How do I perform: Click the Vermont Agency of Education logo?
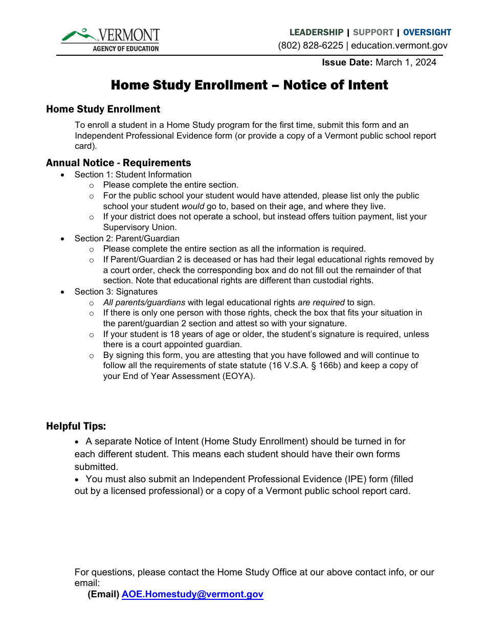(110, 40)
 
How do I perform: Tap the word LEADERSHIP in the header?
(316, 32)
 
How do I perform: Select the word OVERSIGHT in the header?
(427, 32)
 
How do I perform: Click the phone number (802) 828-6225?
(311, 46)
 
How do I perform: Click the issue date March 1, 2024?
(406, 62)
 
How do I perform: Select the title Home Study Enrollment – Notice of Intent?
(250, 85)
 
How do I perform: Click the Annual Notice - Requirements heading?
(118, 163)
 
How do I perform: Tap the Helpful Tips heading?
(76, 426)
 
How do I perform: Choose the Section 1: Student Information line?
(133, 174)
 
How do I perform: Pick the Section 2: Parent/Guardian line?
(127, 238)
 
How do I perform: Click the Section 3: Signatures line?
(116, 291)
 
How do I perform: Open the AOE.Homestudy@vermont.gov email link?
(192, 594)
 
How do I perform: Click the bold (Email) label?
(103, 594)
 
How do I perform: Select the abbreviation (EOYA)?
(236, 376)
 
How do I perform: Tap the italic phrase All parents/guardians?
(144, 302)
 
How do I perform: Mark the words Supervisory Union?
(140, 227)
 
